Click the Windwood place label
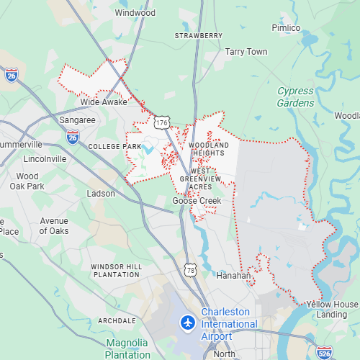click(x=135, y=12)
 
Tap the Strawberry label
click(x=199, y=35)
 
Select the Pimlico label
click(x=285, y=28)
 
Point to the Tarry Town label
click(x=246, y=52)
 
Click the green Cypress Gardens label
click(x=295, y=97)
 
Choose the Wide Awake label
click(x=104, y=102)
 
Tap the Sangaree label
click(x=77, y=120)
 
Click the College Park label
click(x=114, y=146)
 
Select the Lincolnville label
click(x=45, y=158)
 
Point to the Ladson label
click(x=101, y=194)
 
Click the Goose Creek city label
click(x=197, y=201)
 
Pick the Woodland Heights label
click(x=209, y=149)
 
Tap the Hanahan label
click(x=234, y=275)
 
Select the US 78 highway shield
click(x=190, y=269)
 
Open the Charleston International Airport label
click(x=229, y=324)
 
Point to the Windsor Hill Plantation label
click(x=116, y=271)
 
